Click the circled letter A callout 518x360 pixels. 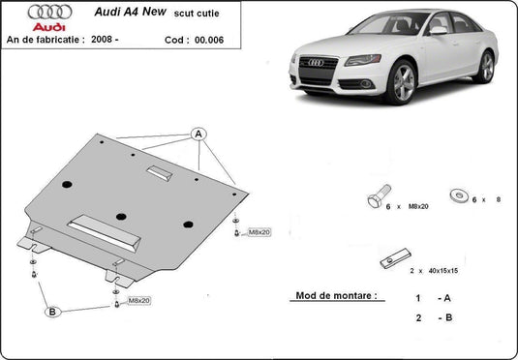tap(198, 133)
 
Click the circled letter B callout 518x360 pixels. tap(52, 312)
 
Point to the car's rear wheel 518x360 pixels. tap(485, 67)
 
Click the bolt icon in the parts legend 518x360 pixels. tap(378, 197)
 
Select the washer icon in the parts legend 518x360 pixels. tap(455, 195)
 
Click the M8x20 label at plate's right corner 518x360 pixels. tap(259, 232)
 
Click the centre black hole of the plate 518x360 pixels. tap(121, 217)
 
